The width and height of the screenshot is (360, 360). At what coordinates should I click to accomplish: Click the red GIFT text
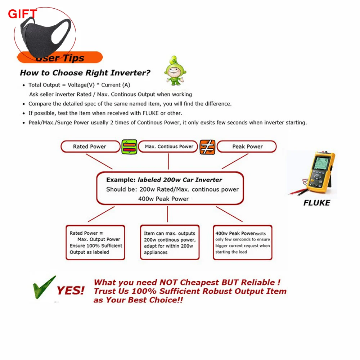pos(22,14)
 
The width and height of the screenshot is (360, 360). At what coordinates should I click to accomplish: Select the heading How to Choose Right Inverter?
pos(85,73)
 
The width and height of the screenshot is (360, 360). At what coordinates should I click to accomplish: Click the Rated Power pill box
pos(90,147)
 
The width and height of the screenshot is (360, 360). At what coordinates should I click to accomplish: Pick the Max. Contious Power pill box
pos(169,147)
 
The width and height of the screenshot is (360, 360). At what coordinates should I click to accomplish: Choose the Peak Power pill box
pos(247,147)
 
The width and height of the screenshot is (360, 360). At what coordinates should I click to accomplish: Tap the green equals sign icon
pos(129,147)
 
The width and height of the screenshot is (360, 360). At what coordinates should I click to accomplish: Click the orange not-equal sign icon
pos(207,147)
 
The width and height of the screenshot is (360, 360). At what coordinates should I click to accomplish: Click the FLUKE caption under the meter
pos(316,203)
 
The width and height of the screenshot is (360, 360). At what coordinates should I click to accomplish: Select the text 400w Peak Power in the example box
pos(163,199)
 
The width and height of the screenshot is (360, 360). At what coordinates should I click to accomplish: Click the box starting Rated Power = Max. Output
pos(95,243)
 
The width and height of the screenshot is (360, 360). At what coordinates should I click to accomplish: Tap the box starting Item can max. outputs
pos(170,243)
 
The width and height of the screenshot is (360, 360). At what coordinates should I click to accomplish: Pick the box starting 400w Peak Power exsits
pos(242,243)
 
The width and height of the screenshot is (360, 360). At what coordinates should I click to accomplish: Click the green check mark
pos(44,287)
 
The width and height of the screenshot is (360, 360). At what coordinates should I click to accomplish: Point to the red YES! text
pos(71,291)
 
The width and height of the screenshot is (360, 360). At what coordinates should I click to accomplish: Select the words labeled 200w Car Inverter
pos(179,180)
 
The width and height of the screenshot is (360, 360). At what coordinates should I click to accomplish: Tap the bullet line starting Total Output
pos(79,85)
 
